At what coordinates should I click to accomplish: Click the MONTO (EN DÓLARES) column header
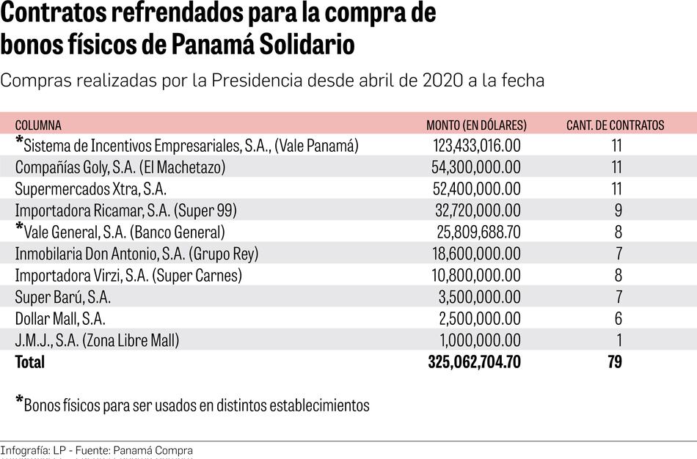(476, 125)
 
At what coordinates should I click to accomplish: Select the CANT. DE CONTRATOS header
(615, 125)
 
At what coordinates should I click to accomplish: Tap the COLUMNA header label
(38, 125)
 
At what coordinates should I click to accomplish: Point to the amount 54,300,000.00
(476, 167)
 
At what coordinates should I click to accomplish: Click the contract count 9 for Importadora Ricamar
(618, 210)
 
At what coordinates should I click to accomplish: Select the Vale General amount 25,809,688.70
(476, 232)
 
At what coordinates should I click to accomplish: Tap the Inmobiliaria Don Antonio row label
(136, 254)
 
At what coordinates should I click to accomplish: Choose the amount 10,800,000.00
(476, 276)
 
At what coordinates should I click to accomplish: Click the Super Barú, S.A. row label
(63, 297)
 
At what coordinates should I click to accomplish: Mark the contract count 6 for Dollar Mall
(618, 319)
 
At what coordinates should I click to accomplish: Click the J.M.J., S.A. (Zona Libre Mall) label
(97, 340)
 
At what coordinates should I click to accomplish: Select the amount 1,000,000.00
(481, 340)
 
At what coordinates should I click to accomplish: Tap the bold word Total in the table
(29, 361)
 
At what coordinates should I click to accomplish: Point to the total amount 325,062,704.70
(474, 361)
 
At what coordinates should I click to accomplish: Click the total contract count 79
(614, 361)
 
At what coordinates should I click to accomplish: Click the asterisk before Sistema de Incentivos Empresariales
(19, 141)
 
